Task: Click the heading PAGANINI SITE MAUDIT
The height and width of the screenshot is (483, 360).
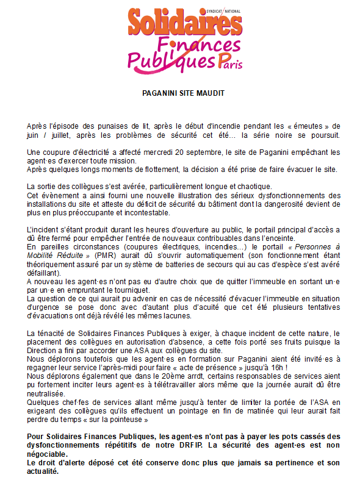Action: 179,93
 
